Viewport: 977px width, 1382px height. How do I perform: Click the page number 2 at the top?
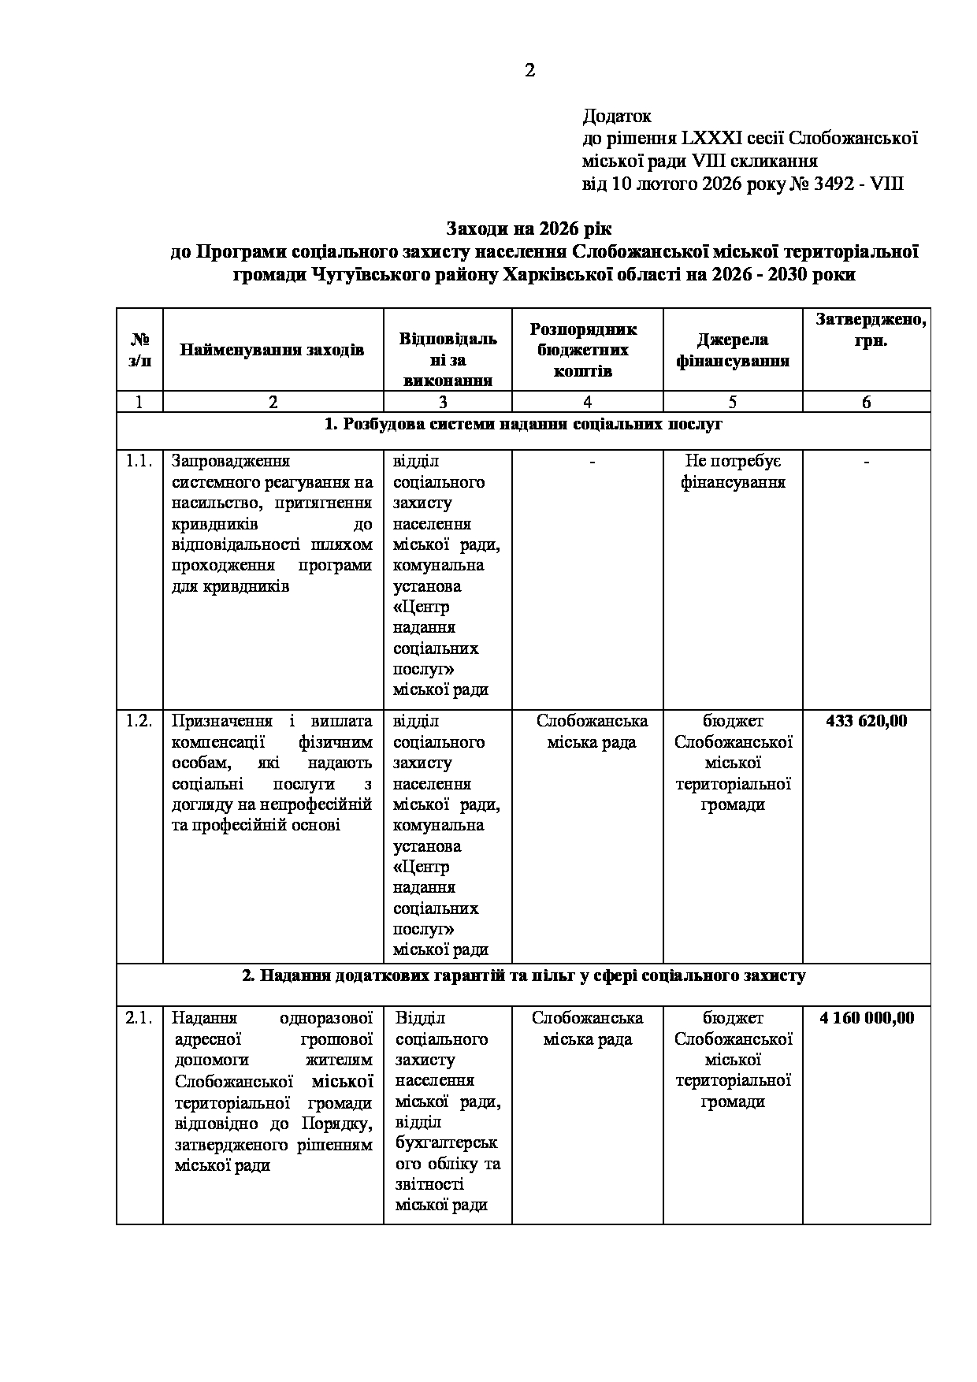(x=529, y=71)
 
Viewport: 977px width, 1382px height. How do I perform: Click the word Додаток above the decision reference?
(x=617, y=117)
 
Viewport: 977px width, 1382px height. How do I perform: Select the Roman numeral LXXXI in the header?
(x=711, y=139)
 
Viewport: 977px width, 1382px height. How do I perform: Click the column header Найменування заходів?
(x=272, y=350)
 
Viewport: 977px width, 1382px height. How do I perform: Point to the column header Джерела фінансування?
(x=733, y=350)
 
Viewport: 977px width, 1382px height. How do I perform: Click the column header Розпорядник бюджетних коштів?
(x=587, y=350)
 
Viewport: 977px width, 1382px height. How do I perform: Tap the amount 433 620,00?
(x=867, y=721)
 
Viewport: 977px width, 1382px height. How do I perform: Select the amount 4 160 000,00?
(x=867, y=1018)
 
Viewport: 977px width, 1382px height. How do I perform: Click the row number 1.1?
(x=139, y=461)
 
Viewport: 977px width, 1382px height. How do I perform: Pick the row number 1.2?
(x=139, y=721)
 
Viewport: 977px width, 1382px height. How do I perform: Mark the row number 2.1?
(x=139, y=1018)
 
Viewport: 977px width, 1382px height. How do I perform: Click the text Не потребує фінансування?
(x=733, y=471)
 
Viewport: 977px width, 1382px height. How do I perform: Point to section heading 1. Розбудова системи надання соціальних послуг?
(x=523, y=425)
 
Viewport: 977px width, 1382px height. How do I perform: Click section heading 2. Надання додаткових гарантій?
(x=523, y=976)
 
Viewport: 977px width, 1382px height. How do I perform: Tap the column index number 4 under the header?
(x=587, y=402)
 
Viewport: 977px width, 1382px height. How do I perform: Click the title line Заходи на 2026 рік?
(x=529, y=229)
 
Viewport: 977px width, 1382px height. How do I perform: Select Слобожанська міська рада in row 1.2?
(x=592, y=731)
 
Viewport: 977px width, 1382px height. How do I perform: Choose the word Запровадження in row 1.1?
(x=231, y=461)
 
